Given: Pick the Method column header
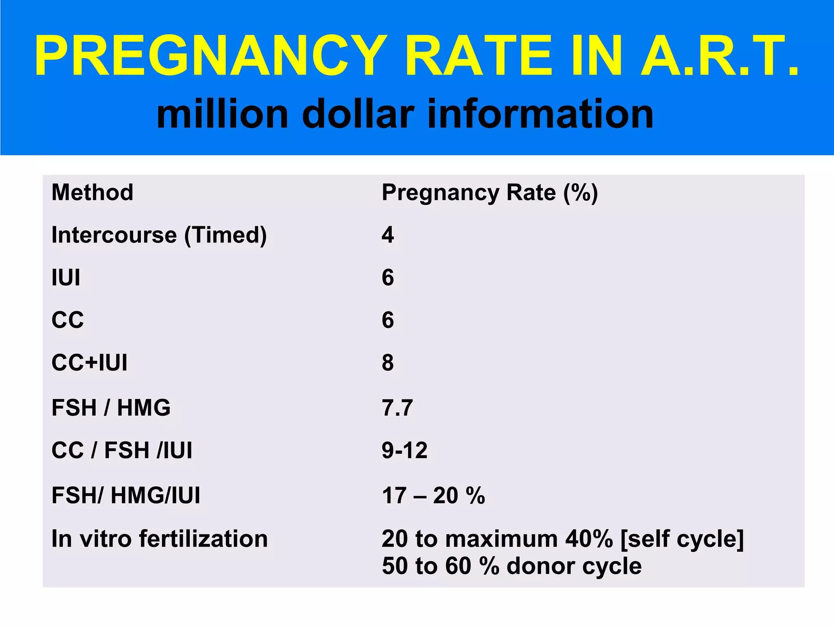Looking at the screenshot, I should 92,192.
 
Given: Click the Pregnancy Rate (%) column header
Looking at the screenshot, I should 489,192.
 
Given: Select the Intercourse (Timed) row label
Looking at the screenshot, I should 159,235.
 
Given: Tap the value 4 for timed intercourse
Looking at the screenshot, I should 388,235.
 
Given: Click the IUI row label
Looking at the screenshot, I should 66,278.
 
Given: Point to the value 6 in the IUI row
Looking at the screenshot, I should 388,278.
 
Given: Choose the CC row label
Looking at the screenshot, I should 68,320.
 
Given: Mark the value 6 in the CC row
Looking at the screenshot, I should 388,320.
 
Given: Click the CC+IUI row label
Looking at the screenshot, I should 90,362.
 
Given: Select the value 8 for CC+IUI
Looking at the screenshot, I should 388,362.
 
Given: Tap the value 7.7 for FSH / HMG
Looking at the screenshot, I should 397,408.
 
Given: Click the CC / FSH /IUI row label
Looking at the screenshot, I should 122,450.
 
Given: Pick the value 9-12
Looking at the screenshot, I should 405,450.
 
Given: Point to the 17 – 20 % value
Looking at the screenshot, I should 433,496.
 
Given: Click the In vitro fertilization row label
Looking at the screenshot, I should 160,539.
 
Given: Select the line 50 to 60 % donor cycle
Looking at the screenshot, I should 511,566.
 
